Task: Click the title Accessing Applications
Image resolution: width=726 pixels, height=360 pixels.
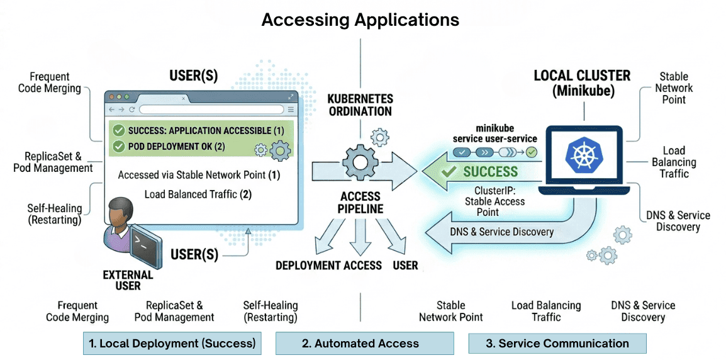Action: (360, 20)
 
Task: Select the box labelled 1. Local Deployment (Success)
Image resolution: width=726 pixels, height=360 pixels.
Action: (172, 344)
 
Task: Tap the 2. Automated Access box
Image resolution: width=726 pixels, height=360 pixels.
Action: (364, 344)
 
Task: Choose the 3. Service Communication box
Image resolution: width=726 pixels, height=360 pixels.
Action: (557, 344)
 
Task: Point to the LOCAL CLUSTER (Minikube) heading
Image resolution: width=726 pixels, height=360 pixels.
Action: (582, 82)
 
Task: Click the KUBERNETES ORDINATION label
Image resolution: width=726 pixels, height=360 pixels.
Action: (360, 105)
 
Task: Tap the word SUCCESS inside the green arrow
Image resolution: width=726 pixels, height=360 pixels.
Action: (490, 171)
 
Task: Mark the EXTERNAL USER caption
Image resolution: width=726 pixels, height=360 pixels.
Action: (128, 280)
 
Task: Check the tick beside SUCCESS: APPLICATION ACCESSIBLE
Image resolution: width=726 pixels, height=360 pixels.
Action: (118, 131)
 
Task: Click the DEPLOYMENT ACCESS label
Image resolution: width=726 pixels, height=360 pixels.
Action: (328, 266)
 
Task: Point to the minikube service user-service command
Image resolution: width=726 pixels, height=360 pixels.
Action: (495, 133)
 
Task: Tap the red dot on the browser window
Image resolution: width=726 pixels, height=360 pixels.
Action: (112, 98)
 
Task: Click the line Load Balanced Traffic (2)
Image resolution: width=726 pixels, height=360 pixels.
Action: (198, 194)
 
